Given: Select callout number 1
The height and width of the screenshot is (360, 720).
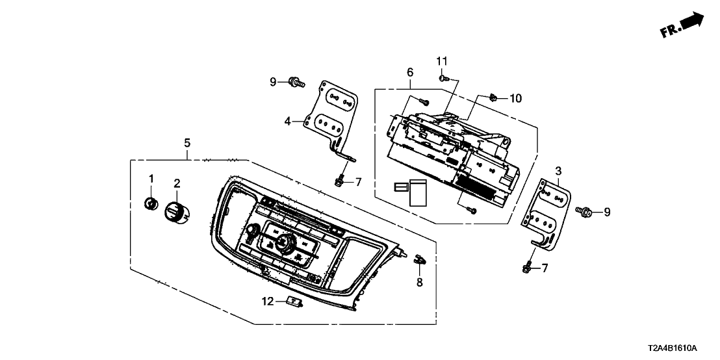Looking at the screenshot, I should (151, 178).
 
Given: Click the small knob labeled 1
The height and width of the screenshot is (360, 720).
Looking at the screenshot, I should (151, 204).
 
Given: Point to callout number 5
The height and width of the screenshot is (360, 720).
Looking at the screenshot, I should (187, 142).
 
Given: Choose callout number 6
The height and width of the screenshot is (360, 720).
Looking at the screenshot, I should (410, 73).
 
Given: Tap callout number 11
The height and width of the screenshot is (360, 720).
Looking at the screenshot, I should (442, 60).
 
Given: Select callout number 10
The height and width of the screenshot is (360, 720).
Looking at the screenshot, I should (515, 98).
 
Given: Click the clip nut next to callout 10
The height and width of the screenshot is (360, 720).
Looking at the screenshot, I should (494, 98).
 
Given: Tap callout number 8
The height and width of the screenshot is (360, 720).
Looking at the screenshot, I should (419, 282).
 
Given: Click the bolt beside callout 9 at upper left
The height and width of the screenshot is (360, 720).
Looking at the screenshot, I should (297, 82).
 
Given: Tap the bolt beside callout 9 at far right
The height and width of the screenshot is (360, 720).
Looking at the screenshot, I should (584, 211).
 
